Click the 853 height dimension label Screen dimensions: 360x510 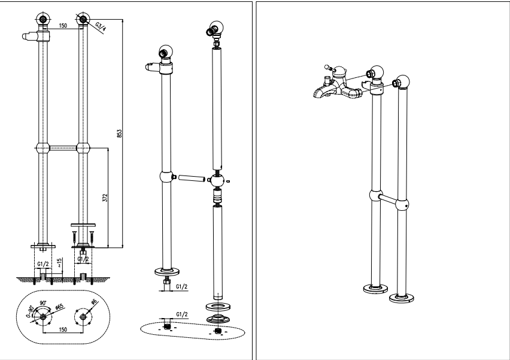119,134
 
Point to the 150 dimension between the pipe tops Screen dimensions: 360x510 63,26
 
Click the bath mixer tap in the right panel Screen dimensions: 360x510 338,87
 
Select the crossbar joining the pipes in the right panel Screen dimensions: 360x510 392,201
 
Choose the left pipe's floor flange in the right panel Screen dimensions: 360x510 375,290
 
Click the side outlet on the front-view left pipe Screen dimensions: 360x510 31,37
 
